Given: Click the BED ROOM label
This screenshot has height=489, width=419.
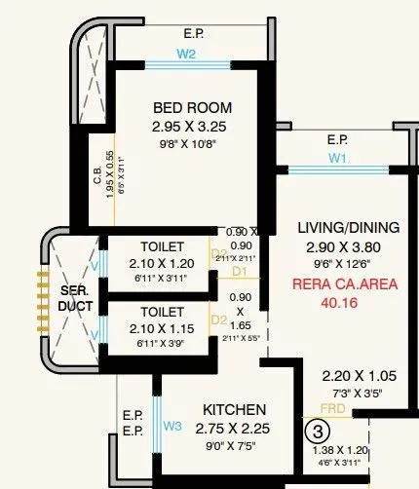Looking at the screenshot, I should coord(192,107).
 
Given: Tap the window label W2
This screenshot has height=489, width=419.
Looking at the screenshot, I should coord(185,55).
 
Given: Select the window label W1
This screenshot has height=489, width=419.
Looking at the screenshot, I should coord(338,156).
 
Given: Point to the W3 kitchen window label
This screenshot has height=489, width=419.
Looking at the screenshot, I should coord(172,426).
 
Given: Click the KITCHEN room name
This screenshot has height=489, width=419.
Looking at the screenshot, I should coord(234,410).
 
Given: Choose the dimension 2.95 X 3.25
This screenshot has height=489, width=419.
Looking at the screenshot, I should coord(192,127).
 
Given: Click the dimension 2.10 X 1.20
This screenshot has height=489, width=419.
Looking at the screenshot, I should coord(162,263).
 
